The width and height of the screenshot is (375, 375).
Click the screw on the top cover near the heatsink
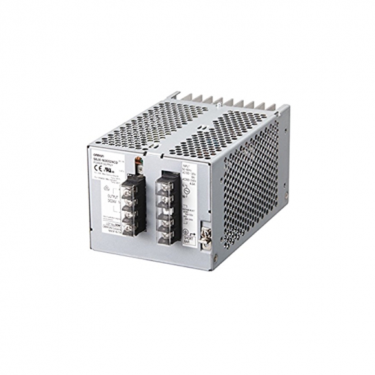pyautogui.click(x=177, y=97)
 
